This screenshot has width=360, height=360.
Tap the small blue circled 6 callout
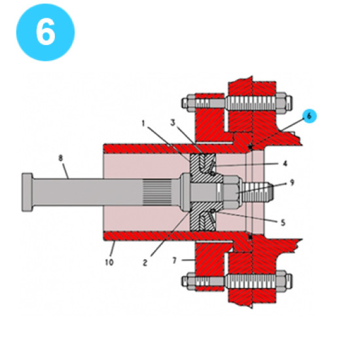click(310, 116)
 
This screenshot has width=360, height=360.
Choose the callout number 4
click(284, 163)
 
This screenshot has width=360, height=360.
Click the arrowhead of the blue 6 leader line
click(251, 147)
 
